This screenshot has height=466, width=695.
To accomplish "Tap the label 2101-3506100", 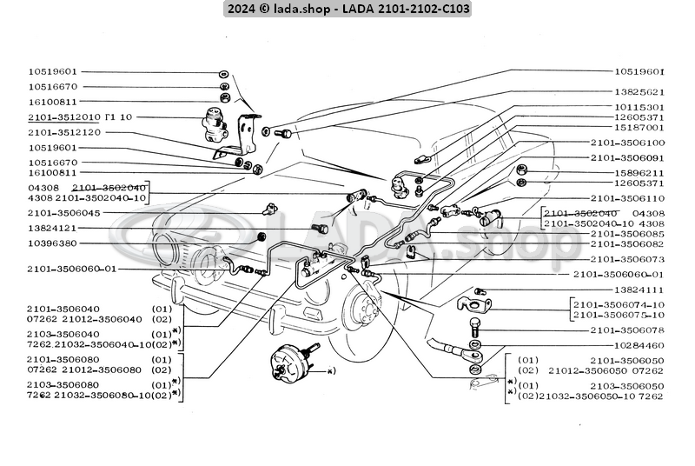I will (627, 142).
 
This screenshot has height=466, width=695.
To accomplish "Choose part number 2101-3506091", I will (627, 158).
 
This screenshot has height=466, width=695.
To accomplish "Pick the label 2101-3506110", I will (627, 198).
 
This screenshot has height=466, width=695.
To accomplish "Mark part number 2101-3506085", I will (627, 233).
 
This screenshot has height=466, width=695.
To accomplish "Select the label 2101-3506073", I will (627, 259).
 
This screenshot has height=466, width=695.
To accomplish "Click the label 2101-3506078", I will (627, 330).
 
